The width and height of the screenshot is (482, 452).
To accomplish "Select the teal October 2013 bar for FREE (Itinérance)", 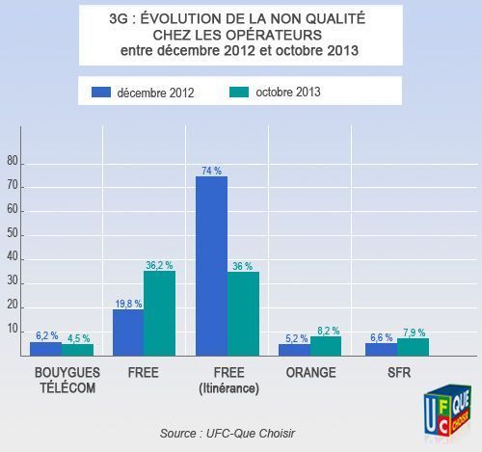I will pos(243,313).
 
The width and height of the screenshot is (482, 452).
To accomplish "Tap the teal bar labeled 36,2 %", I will pos(159,312).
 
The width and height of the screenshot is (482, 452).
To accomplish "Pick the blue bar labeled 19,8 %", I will pos(127,332).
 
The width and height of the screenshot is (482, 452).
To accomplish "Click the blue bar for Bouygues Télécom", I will pos(45,348).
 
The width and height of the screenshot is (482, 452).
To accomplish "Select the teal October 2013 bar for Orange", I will pos(326,345).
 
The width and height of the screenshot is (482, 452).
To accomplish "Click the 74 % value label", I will pos(211,170).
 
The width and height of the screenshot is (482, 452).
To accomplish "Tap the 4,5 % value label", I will pos(77,337).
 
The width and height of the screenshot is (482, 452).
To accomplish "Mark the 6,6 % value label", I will pos(380,336).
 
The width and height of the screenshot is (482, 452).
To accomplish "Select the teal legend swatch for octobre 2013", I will pos(241,93).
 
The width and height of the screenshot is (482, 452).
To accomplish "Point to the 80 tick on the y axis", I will pos(12,162).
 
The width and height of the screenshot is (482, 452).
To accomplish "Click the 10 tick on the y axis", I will pos(12,330).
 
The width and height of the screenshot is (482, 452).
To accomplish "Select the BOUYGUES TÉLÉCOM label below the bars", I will pos(60,378).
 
